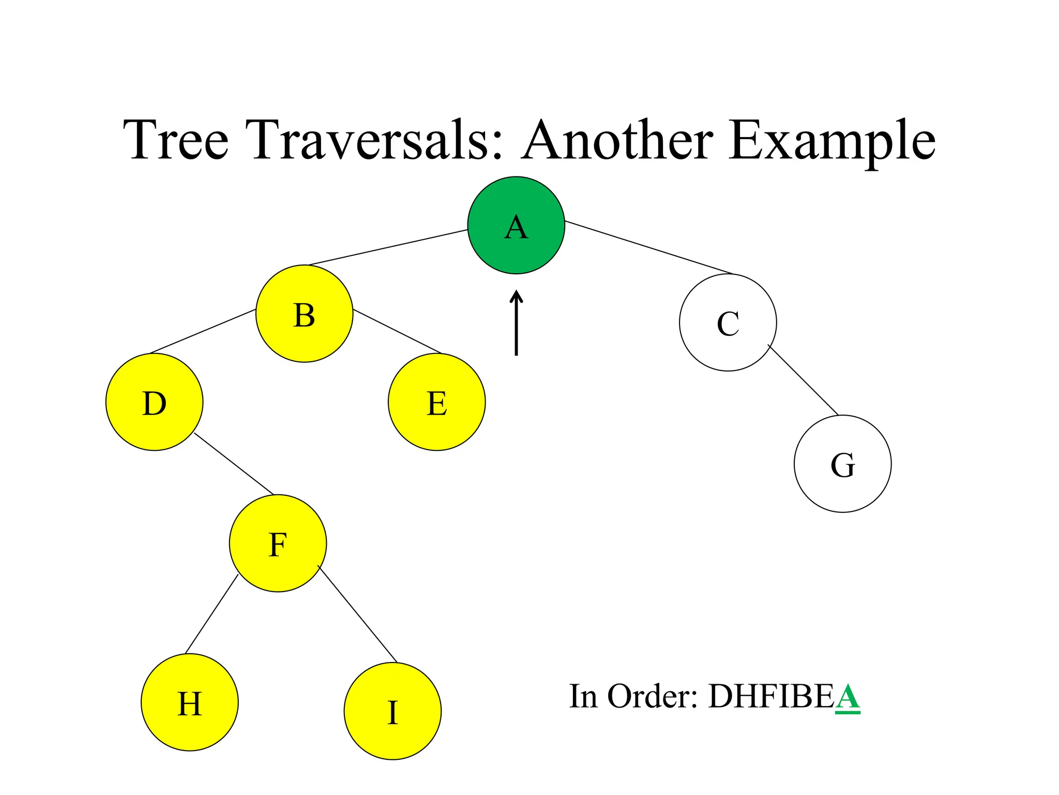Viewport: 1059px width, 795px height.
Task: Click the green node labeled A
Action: [516, 225]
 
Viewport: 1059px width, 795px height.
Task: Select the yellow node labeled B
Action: [304, 314]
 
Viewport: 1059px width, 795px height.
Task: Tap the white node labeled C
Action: [728, 322]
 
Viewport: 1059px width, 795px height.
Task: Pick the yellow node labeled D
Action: [154, 402]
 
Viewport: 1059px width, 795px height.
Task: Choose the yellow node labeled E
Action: [436, 402]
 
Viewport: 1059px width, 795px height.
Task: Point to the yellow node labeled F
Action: [278, 543]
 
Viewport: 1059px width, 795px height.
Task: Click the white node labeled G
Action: [842, 464]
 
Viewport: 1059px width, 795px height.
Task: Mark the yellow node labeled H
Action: [189, 702]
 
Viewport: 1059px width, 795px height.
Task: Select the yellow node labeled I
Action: [392, 711]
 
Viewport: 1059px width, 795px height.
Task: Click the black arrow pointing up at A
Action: [516, 323]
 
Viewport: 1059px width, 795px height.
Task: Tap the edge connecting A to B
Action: [388, 247]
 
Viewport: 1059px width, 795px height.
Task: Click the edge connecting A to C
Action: [649, 247]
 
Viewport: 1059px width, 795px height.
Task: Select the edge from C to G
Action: [803, 380]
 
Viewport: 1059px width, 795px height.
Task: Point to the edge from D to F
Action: [234, 464]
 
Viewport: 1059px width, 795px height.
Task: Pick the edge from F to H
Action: [211, 614]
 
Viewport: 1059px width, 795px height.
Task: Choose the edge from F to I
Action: [357, 614]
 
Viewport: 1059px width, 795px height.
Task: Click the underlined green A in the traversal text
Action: [848, 697]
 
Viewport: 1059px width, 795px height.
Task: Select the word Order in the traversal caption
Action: [652, 697]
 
